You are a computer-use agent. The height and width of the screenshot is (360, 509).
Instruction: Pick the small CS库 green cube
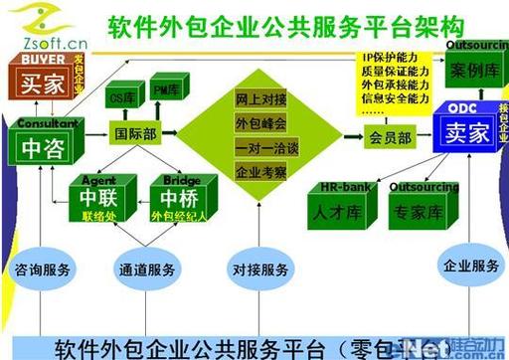122,99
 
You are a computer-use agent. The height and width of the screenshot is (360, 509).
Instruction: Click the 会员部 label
391,138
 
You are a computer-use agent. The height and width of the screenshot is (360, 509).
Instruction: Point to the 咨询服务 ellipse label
43,270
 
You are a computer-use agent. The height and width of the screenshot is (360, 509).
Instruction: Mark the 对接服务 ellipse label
261,270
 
